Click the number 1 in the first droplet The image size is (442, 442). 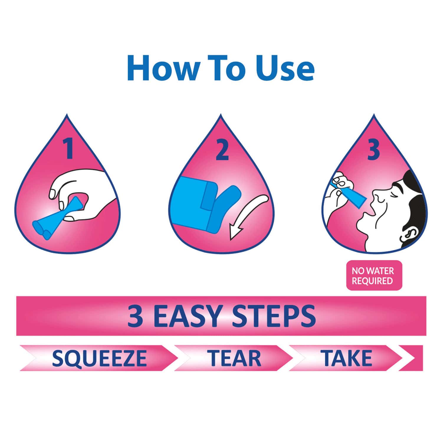pyautogui.click(x=69, y=149)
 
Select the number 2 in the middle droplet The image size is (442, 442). pyautogui.click(x=222, y=150)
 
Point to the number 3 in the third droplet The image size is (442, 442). pyautogui.click(x=373, y=150)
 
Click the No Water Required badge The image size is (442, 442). pyautogui.click(x=374, y=275)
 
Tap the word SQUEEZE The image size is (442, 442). pyautogui.click(x=99, y=358)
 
